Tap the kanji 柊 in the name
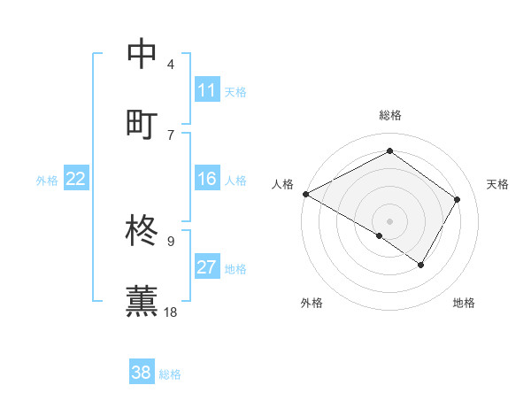pos(142,232)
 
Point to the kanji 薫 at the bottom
pos(142,300)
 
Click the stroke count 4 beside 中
pos(171,65)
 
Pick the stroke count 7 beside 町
pos(171,135)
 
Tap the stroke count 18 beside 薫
pos(171,312)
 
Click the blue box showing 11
pos(207,90)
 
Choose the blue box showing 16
pos(207,180)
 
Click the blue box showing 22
pos(75,180)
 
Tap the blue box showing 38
pos(142,373)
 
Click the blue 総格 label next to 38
pos(170,374)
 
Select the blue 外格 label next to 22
pos(47,181)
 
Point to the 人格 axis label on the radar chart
pos(283,184)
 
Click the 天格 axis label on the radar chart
pos(497,184)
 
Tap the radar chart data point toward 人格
pos(305,193)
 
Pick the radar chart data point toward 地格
pos(421,265)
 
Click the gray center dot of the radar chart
pos(389,220)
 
